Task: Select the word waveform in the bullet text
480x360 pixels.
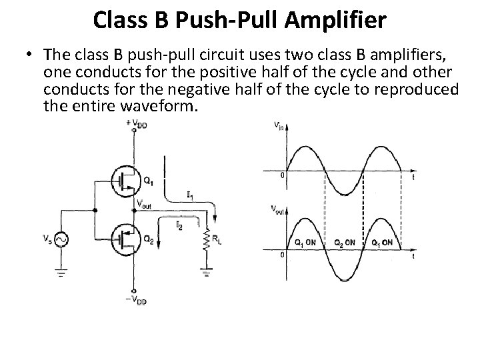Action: tap(159, 105)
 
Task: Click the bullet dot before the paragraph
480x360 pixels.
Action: tap(29, 58)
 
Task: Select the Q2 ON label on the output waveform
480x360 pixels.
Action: tap(344, 242)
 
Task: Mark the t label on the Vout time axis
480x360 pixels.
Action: tap(415, 255)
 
